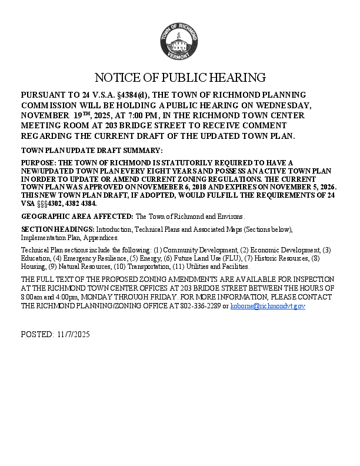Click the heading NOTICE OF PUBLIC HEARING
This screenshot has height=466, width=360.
click(180, 78)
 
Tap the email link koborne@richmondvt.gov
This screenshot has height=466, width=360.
click(268, 306)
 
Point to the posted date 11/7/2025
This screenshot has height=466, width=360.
click(74, 334)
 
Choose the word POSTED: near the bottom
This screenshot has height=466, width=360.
click(36, 334)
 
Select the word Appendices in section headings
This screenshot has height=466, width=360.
click(102, 238)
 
